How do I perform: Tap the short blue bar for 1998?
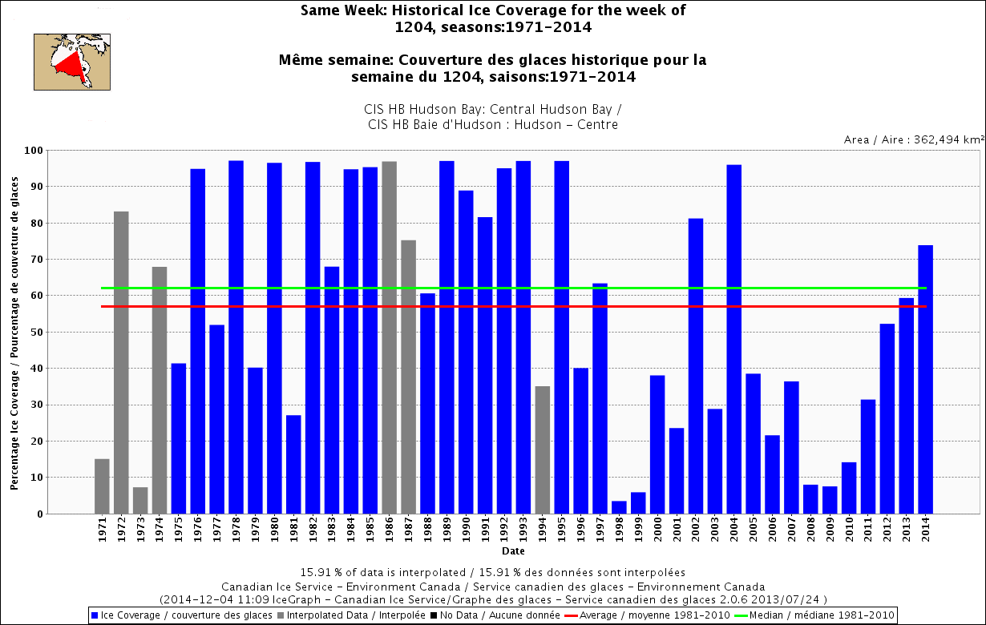(x=619, y=507)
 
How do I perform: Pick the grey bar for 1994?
(x=543, y=450)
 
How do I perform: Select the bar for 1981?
(x=293, y=464)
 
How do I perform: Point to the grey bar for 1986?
(x=390, y=337)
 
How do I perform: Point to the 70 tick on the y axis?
(x=38, y=259)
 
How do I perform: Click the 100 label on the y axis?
(x=34, y=150)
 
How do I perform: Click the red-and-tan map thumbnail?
(x=71, y=61)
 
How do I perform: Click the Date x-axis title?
(x=513, y=551)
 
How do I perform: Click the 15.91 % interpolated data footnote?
(x=492, y=573)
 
